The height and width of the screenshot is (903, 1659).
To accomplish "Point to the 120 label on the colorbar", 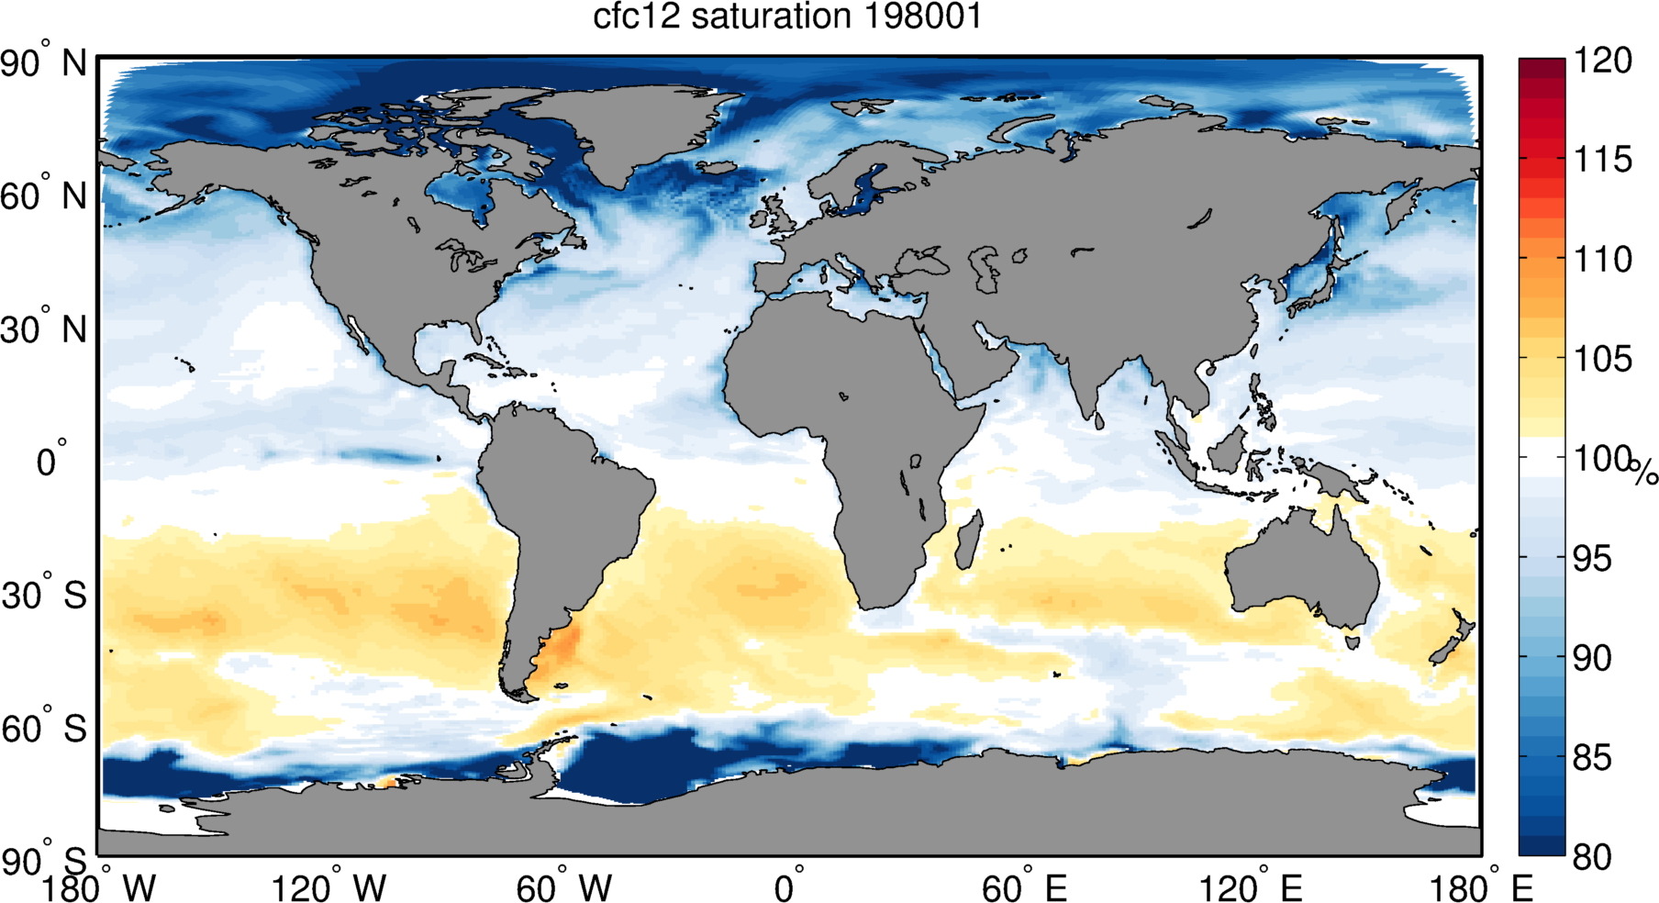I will [x=1603, y=61].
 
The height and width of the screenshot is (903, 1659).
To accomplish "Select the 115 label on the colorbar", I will [x=1603, y=160].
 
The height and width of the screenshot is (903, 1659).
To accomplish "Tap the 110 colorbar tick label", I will [x=1603, y=259].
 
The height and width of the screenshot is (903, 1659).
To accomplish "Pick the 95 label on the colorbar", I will [x=1592, y=558].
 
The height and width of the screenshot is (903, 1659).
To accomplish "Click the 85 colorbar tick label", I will [x=1592, y=758].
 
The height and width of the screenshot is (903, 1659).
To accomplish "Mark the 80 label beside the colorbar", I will [x=1592, y=857].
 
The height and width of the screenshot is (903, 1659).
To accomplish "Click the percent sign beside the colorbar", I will [x=1644, y=473].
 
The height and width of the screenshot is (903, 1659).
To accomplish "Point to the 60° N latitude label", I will [x=44, y=196].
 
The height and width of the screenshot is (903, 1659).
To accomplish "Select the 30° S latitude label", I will [x=44, y=596].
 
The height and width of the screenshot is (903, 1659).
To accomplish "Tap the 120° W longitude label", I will [x=328, y=888].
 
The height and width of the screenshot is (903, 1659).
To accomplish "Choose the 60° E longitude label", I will [x=1024, y=888].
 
